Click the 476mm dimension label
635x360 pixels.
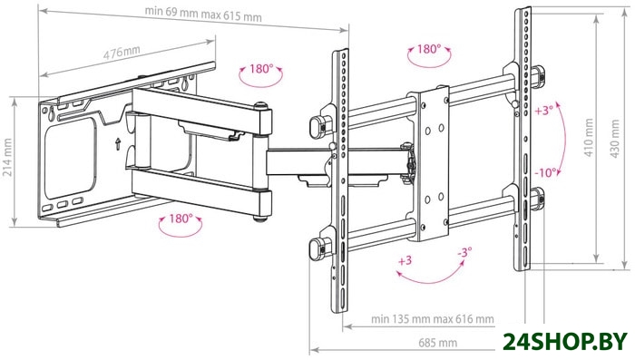[122, 53]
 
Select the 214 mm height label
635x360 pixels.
[7, 157]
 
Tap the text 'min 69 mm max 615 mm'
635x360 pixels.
[203, 15]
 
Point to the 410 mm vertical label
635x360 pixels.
[589, 137]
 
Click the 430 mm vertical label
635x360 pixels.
[614, 139]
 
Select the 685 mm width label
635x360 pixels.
[437, 344]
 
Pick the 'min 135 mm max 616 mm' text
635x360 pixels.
[433, 319]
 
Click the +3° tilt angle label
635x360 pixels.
[544, 111]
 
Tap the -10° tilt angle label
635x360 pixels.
[545, 173]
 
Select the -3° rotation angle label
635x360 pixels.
[464, 253]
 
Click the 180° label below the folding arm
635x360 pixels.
[181, 219]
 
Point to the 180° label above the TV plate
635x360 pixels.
[428, 49]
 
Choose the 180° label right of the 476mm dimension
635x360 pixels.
[261, 69]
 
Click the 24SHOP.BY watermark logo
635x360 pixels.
[565, 343]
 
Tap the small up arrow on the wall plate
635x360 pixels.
[118, 144]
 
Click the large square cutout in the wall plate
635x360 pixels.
[70, 158]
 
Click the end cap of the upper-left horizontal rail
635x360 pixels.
[317, 126]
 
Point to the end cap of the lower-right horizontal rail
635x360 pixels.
[538, 199]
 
